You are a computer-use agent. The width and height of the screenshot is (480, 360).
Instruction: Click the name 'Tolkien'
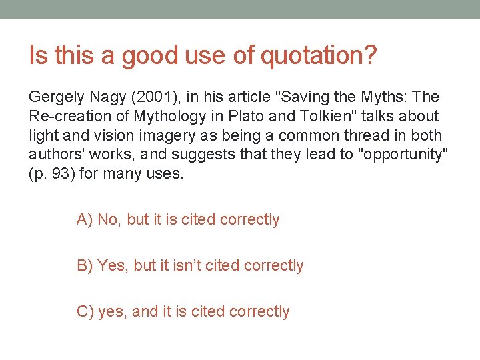(306, 116)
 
